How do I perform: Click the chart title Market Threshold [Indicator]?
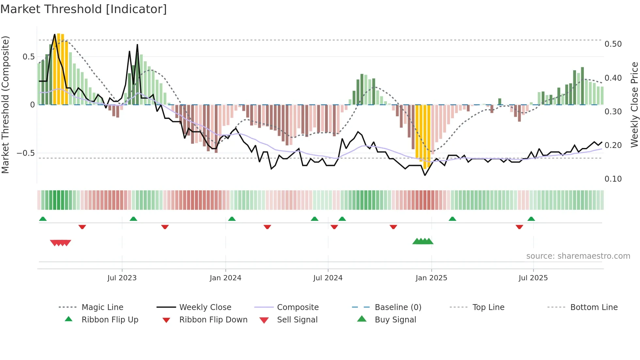coord(84,9)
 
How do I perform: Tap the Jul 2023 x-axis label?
coord(122,278)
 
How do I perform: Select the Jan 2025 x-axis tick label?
coord(431,278)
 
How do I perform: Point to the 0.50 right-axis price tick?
coord(613,44)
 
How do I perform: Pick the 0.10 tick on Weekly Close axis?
coord(613,179)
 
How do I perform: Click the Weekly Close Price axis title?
coord(634,105)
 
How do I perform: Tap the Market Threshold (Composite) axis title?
coord(5,105)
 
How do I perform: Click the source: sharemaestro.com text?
coord(578,256)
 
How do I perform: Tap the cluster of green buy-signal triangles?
coord(423,241)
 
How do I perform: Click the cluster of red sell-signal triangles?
coord(60,243)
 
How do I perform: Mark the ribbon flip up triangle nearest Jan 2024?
coord(232,219)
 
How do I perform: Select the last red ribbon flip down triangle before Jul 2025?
coord(519,227)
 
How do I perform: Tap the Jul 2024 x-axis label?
coord(328,278)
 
